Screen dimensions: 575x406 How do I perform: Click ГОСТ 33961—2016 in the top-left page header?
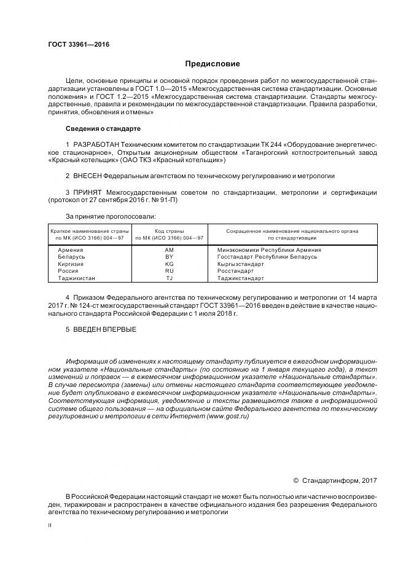pos(74,45)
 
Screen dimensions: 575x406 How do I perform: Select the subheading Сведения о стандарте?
pos(103,128)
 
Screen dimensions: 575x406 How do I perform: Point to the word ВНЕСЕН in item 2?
pos(89,176)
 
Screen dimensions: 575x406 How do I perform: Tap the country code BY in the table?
pos(170,257)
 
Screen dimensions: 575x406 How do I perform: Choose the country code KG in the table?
pos(170,264)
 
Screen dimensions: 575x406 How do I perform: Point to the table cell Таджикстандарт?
pos(241,278)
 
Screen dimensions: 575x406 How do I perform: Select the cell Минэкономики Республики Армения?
pos(269,250)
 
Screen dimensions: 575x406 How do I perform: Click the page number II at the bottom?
pos(50,525)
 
